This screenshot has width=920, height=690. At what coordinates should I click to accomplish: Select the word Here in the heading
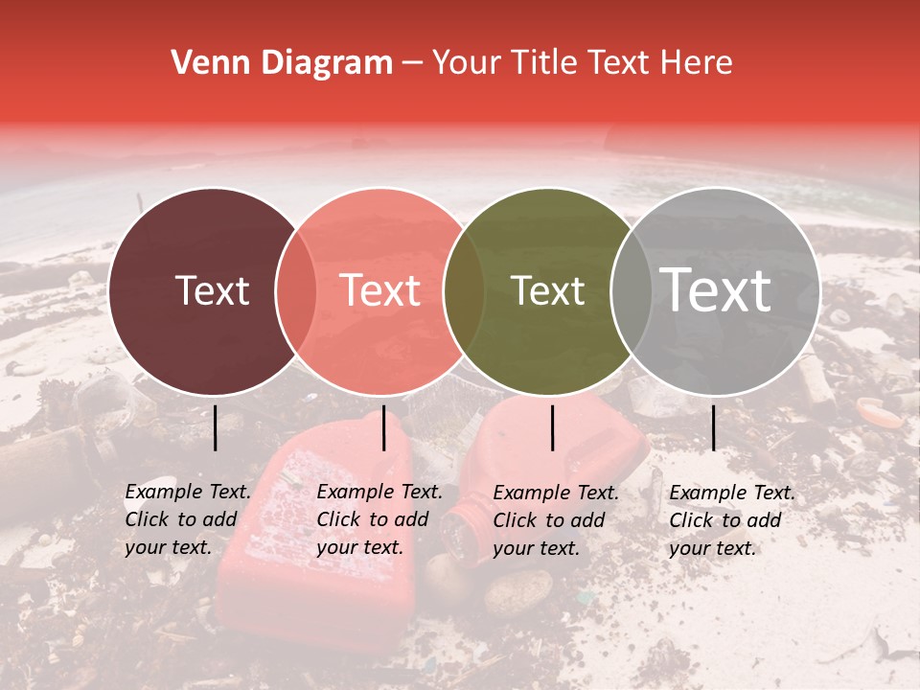699,63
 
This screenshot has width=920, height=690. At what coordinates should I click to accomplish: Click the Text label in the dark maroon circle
212,290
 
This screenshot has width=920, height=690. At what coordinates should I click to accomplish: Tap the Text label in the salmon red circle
379,290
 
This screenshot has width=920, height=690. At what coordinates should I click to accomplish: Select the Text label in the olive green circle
547,290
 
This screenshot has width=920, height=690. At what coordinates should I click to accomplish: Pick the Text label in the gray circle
715,290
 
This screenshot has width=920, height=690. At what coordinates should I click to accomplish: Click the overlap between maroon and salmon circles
296,290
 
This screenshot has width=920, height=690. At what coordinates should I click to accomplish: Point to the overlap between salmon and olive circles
464,290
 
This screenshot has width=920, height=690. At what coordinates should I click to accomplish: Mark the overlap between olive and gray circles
631,290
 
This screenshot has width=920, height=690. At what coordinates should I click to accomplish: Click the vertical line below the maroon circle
216,427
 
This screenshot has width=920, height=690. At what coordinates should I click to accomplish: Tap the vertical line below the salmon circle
383,427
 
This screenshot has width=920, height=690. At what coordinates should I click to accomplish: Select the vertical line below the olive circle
553,427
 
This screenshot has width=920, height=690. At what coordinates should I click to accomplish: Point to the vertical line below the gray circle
713,427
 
